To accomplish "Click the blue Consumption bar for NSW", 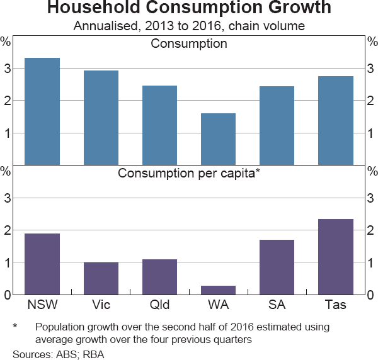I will [x=42, y=111].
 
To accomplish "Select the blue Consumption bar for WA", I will [x=219, y=139].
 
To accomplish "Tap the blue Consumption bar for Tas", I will [x=336, y=120].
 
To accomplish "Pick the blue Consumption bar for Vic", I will [x=101, y=117].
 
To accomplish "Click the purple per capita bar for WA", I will [x=219, y=290].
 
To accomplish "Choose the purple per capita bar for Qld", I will [x=159, y=277].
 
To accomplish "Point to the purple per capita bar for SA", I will [x=277, y=267].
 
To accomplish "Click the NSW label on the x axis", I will [x=42, y=305].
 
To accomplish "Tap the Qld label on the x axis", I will [x=159, y=305].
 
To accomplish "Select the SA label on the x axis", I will [x=277, y=305].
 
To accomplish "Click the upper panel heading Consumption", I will [x=189, y=44].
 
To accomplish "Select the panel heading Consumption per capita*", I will [x=189, y=172].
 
